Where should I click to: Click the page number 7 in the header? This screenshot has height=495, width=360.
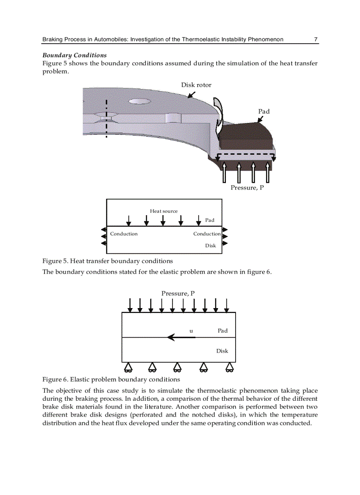coord(315,40)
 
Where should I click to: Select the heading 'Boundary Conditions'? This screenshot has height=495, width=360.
coord(74,56)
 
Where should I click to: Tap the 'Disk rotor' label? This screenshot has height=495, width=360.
coord(196,85)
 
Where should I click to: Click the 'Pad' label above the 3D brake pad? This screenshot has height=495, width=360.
coord(264,112)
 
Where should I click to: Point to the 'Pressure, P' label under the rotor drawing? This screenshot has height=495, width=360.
coord(247,188)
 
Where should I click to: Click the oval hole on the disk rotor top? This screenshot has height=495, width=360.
coord(140,101)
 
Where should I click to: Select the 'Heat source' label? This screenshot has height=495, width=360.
coord(164,211)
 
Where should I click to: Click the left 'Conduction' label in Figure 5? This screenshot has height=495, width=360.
coord(124,234)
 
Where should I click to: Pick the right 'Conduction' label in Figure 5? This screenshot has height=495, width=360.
coord(206,234)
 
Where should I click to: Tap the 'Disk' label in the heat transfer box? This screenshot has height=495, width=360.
coord(210,246)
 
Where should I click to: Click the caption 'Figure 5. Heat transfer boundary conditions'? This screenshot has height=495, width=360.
coord(107,261)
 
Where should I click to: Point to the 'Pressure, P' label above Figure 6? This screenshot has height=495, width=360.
coord(178,294)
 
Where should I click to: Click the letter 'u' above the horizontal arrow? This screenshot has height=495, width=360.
coord(191,330)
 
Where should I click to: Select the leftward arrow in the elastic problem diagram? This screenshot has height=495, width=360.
coord(181,338)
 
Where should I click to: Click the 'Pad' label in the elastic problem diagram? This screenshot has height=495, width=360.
coord(222,331)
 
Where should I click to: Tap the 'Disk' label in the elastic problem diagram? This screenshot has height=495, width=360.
coord(222,351)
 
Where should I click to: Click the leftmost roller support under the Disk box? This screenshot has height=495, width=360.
coord(128,367)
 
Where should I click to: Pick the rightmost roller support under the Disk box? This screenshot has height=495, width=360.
coord(229,367)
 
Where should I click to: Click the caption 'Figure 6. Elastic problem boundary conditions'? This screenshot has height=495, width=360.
coord(111,380)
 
